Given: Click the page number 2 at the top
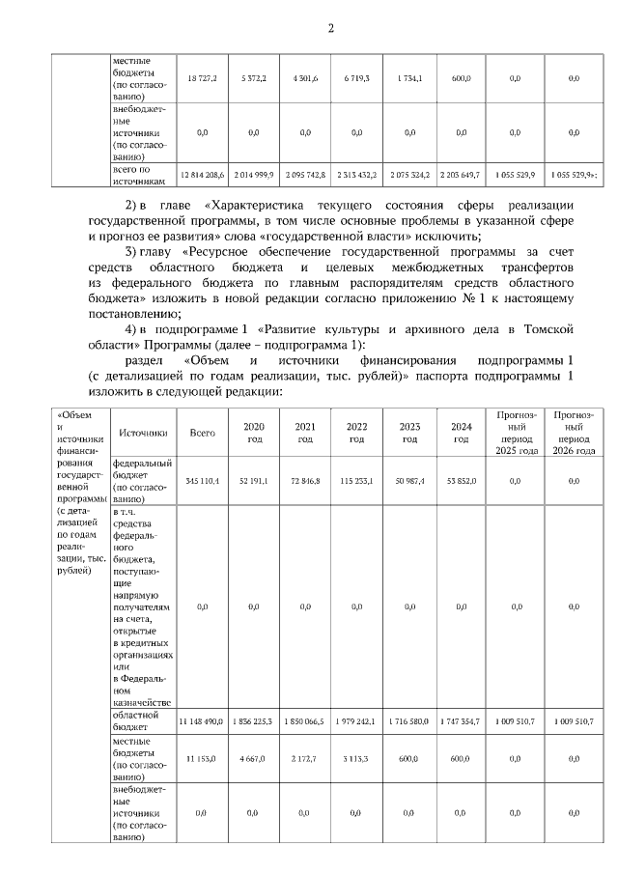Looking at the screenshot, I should pyautogui.click(x=330, y=27).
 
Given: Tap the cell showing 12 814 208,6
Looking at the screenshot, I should pyautogui.click(x=203, y=175).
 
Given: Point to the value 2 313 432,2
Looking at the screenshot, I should pyautogui.click(x=356, y=175).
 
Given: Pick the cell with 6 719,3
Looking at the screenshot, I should pyautogui.click(x=356, y=77).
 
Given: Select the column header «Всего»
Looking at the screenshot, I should pyautogui.click(x=203, y=434).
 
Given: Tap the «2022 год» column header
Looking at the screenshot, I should pyautogui.click(x=356, y=434).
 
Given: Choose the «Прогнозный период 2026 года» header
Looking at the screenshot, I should pyautogui.click(x=574, y=434).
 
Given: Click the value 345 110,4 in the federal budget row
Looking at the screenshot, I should pyautogui.click(x=203, y=480).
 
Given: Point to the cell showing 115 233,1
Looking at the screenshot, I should pyautogui.click(x=356, y=480).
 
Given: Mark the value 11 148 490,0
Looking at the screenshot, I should pyautogui.click(x=202, y=721).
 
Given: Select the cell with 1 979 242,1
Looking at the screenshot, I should pyautogui.click(x=356, y=721).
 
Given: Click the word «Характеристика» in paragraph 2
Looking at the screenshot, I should pyautogui.click(x=254, y=206).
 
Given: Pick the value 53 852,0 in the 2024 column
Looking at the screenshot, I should pyautogui.click(x=461, y=480).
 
